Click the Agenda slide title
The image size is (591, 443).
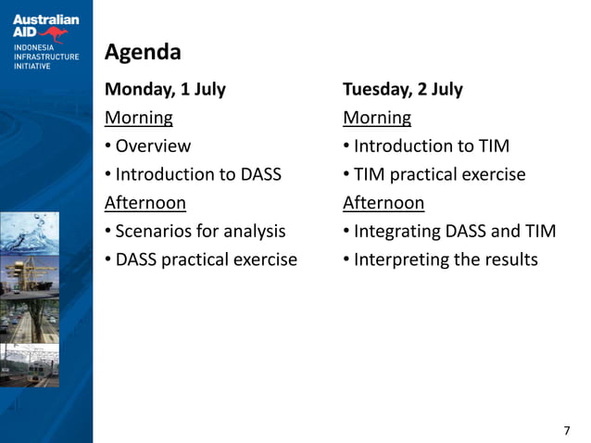pyautogui.click(x=143, y=52)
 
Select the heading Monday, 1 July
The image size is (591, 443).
pyautogui.click(x=165, y=90)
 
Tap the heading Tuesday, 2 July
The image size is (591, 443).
pyautogui.click(x=402, y=90)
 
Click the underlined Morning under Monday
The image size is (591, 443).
pyautogui.click(x=138, y=118)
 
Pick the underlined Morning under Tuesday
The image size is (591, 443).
pyautogui.click(x=376, y=118)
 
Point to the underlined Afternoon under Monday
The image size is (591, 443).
pyautogui.click(x=145, y=202)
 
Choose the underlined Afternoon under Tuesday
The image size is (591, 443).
pyautogui.click(x=383, y=202)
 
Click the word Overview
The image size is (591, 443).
pyautogui.click(x=153, y=146)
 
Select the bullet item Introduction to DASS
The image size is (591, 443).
pyautogui.click(x=198, y=174)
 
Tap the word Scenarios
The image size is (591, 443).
pyautogui.click(x=154, y=231)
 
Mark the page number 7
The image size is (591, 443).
pyautogui.click(x=567, y=430)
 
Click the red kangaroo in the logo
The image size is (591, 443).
pyautogui.click(x=57, y=35)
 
